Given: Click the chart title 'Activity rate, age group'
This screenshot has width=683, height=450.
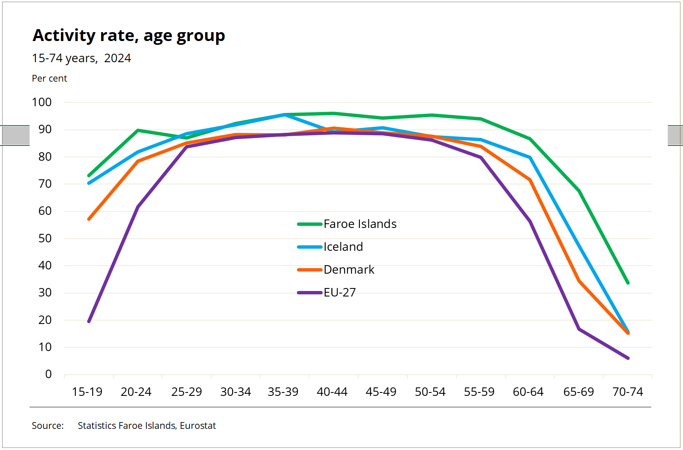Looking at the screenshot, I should coord(129,36).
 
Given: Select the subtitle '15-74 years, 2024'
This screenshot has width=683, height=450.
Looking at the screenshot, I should coord(81,58).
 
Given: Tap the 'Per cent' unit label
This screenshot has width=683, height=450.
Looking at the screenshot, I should coord(49,79).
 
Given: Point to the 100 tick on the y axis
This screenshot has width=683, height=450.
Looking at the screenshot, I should coord(41,102).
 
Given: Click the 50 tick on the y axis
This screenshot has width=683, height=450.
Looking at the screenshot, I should coord(45,239).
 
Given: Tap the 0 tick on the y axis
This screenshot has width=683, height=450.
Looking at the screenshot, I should coord(48,374).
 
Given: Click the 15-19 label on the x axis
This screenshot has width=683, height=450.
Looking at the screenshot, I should coord(87,392).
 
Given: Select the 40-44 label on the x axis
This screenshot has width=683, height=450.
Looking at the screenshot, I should coord(332,392).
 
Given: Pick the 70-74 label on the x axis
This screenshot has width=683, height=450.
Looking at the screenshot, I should coord(628,392).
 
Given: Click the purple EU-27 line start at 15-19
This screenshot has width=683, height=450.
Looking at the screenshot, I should coord(89,321).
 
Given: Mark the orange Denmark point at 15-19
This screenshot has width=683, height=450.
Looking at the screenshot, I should coord(89,219).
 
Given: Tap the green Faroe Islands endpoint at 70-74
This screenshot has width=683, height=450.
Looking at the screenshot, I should coord(628,283).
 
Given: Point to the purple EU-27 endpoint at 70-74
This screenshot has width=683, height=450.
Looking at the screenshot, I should coord(628,358).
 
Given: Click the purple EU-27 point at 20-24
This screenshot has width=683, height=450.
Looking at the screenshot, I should coord(138,207).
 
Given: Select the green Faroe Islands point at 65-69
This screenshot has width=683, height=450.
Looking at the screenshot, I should coord(579,191).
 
